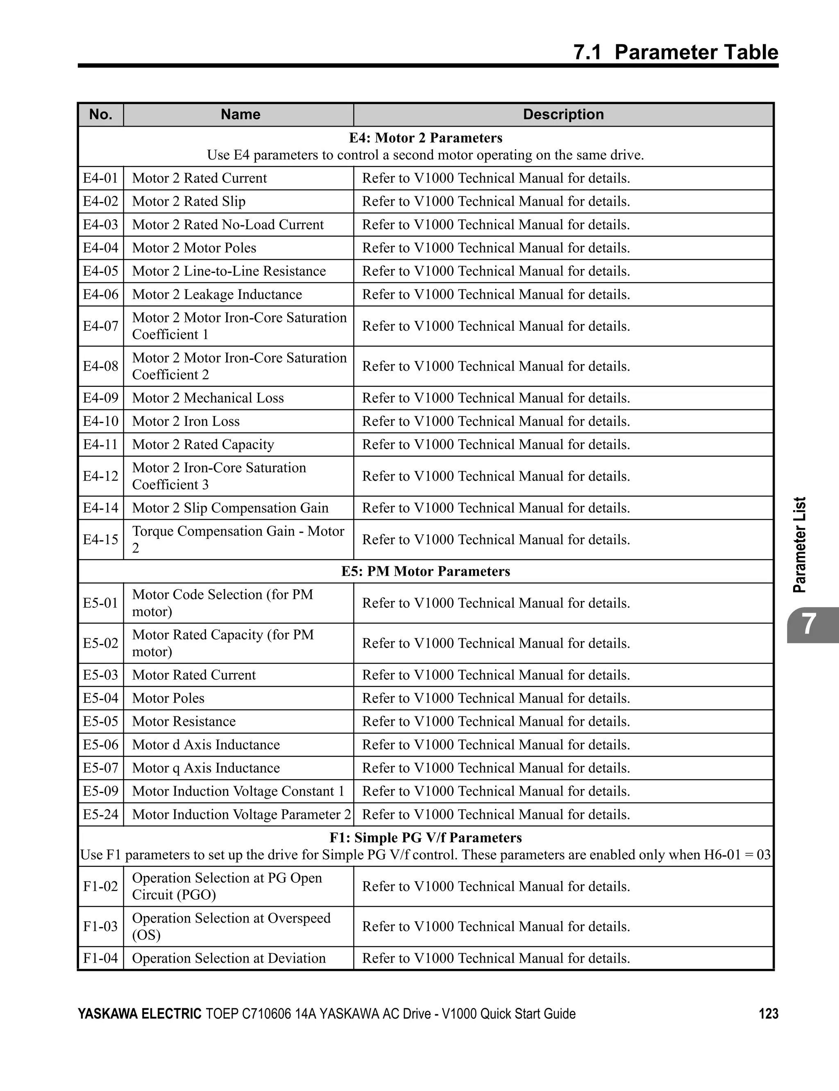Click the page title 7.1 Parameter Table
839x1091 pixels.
coord(675,52)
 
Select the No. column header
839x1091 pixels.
coord(100,114)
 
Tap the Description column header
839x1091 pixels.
coord(563,114)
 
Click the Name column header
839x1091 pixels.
coord(240,114)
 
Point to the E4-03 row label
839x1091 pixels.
coord(100,225)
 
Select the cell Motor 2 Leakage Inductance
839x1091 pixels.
coord(217,295)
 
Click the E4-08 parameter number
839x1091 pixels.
coord(100,366)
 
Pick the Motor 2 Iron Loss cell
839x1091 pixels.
coord(186,422)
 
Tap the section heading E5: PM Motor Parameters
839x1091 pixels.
coord(426,571)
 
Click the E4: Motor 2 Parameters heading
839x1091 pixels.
coord(426,138)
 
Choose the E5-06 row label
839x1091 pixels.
coord(100,745)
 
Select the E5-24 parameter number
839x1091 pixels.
coord(100,815)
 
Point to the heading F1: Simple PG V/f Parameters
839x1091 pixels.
coord(426,838)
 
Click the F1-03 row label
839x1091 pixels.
coord(100,927)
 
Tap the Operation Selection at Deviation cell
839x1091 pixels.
coord(229,958)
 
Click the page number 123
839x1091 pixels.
coord(768,1014)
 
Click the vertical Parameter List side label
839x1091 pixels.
coord(800,545)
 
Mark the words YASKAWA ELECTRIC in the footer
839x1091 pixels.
coord(139,1014)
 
